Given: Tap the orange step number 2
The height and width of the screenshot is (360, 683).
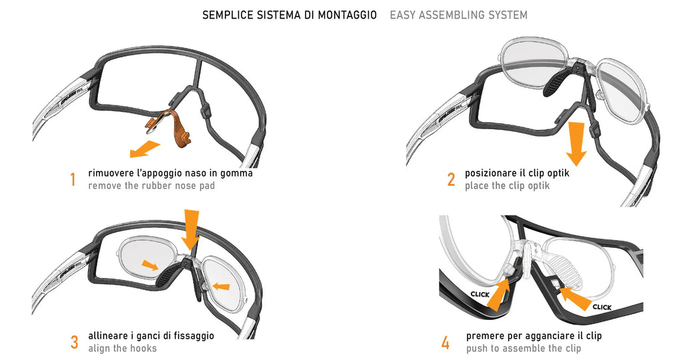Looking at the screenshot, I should tap(451, 179).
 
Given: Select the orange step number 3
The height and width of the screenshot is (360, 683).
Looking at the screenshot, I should tap(74, 342).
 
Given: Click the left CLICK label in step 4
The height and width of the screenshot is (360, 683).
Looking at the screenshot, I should tap(480, 293).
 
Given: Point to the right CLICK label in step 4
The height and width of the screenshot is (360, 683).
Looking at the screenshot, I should tap(602, 307).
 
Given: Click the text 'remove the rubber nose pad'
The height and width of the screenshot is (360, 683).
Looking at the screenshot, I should tap(151, 186).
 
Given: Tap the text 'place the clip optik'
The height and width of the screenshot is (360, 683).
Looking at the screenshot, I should tap(507, 186).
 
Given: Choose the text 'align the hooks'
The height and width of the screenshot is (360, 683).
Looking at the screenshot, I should tap(122, 348).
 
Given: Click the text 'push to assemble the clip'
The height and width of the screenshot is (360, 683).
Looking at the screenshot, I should tap(523, 348).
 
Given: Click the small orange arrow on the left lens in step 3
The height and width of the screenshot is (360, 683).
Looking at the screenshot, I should tap(152, 265).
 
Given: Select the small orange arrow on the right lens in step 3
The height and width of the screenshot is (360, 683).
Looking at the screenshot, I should tap(221, 287).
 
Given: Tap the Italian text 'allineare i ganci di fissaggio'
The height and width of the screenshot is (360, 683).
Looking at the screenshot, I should tap(151, 335).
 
